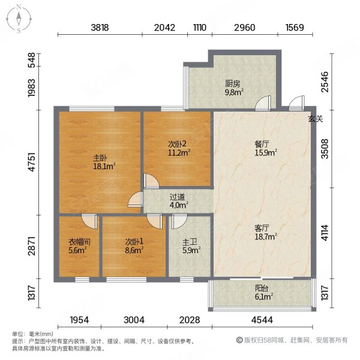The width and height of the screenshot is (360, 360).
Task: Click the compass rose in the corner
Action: pos(19,19)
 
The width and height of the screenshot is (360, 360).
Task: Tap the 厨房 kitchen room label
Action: pos(233,84)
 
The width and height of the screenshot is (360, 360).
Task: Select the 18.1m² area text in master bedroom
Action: pos(104,166)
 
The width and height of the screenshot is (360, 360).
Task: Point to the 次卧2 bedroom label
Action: pos(178,144)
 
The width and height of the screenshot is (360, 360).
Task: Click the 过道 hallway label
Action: pos(177,197)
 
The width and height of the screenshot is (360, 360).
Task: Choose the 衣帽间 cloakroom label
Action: pos(79,242)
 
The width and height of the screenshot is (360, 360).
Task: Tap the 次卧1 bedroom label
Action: pos(134,242)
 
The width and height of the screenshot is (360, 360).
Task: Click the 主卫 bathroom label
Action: pos(190,242)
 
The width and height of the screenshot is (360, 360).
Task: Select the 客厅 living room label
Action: pos(262,228)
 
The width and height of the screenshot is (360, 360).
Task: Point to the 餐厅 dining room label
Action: pos(262,144)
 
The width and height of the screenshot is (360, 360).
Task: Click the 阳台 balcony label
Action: pos(262,288)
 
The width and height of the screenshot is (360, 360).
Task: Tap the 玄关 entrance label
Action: pos(316,119)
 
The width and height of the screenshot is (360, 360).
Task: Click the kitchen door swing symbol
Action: pos(263,103)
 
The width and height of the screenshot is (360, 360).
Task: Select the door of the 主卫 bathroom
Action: pos(179,221)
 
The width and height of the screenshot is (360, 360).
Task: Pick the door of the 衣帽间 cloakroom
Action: pos(89,221)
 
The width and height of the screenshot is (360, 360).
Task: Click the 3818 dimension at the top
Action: pos(100,28)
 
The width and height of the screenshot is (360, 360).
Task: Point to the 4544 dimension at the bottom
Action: pos(262,320)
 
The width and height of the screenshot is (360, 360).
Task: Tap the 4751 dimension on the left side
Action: pos(32,162)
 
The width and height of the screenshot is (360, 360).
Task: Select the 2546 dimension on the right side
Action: pos(325,82)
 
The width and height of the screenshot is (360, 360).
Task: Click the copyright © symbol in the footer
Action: pos(239,340)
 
